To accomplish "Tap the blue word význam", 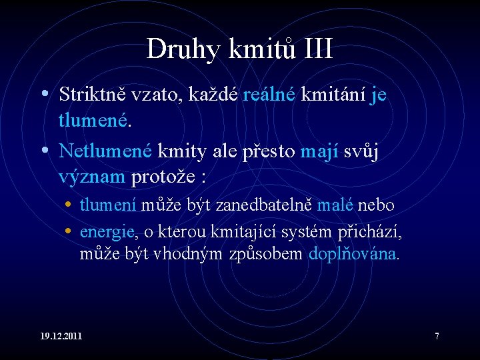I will [x=92, y=177].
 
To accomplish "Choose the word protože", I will [x=164, y=177].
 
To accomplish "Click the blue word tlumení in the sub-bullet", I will [x=108, y=205].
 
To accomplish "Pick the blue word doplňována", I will [x=353, y=254].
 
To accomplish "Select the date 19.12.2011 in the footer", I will [x=61, y=336].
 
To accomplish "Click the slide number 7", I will [x=437, y=336].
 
